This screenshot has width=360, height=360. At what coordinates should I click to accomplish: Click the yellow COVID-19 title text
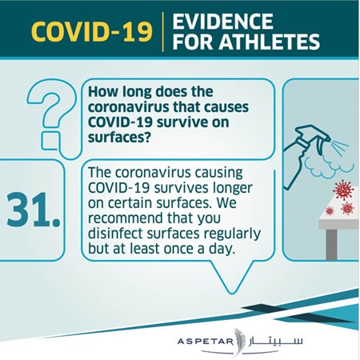92,32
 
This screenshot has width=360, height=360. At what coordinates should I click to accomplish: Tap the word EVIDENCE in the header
223,21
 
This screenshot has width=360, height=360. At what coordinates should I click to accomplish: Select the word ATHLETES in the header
270,42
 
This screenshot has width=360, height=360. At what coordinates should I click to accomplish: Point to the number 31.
34,210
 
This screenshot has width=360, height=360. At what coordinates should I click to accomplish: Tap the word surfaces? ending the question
120,138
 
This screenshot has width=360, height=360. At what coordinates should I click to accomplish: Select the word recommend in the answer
125,218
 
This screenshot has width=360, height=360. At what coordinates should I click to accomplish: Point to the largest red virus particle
343,190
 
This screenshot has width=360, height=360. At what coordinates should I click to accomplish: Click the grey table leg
331,244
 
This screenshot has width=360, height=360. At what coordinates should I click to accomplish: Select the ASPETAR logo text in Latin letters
205,342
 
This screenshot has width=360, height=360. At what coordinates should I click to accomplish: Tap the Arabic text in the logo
276,340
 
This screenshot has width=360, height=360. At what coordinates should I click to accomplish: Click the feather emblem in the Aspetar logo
238,342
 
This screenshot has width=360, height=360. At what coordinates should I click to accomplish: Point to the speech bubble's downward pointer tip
231,294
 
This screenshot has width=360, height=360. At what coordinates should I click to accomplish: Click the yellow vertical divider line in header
163,31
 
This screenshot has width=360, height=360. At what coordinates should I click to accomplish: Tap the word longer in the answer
232,189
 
